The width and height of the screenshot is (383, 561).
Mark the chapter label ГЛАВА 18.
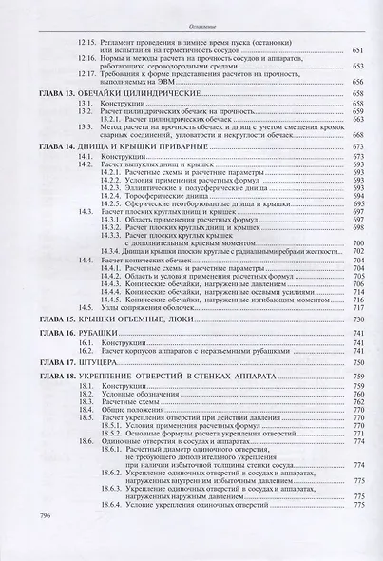[x=48, y=377]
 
